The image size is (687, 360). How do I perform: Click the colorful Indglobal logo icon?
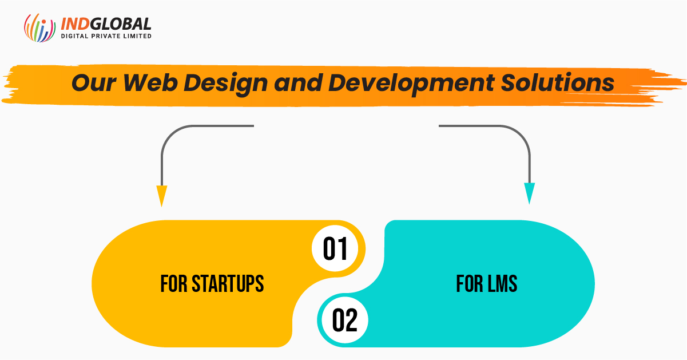point(40,27)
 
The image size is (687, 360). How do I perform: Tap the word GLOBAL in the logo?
point(121,24)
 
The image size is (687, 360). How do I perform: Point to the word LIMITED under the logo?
point(137,36)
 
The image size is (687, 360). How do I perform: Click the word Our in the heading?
point(94,83)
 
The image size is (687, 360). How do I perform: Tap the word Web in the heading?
point(150,82)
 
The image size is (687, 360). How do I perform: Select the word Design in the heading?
point(225,84)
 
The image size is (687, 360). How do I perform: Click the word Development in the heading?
point(411,84)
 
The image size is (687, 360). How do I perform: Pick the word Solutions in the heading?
point(558,82)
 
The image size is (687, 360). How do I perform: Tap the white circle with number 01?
point(335,248)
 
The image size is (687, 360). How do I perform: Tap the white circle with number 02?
point(345,320)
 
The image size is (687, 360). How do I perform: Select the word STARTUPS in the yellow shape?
point(228,283)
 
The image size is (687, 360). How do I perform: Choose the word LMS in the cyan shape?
point(502,283)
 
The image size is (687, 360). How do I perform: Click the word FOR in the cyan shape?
point(469,283)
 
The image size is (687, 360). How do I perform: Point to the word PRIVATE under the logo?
point(106,36)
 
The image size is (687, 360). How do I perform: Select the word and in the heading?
point(298,82)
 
